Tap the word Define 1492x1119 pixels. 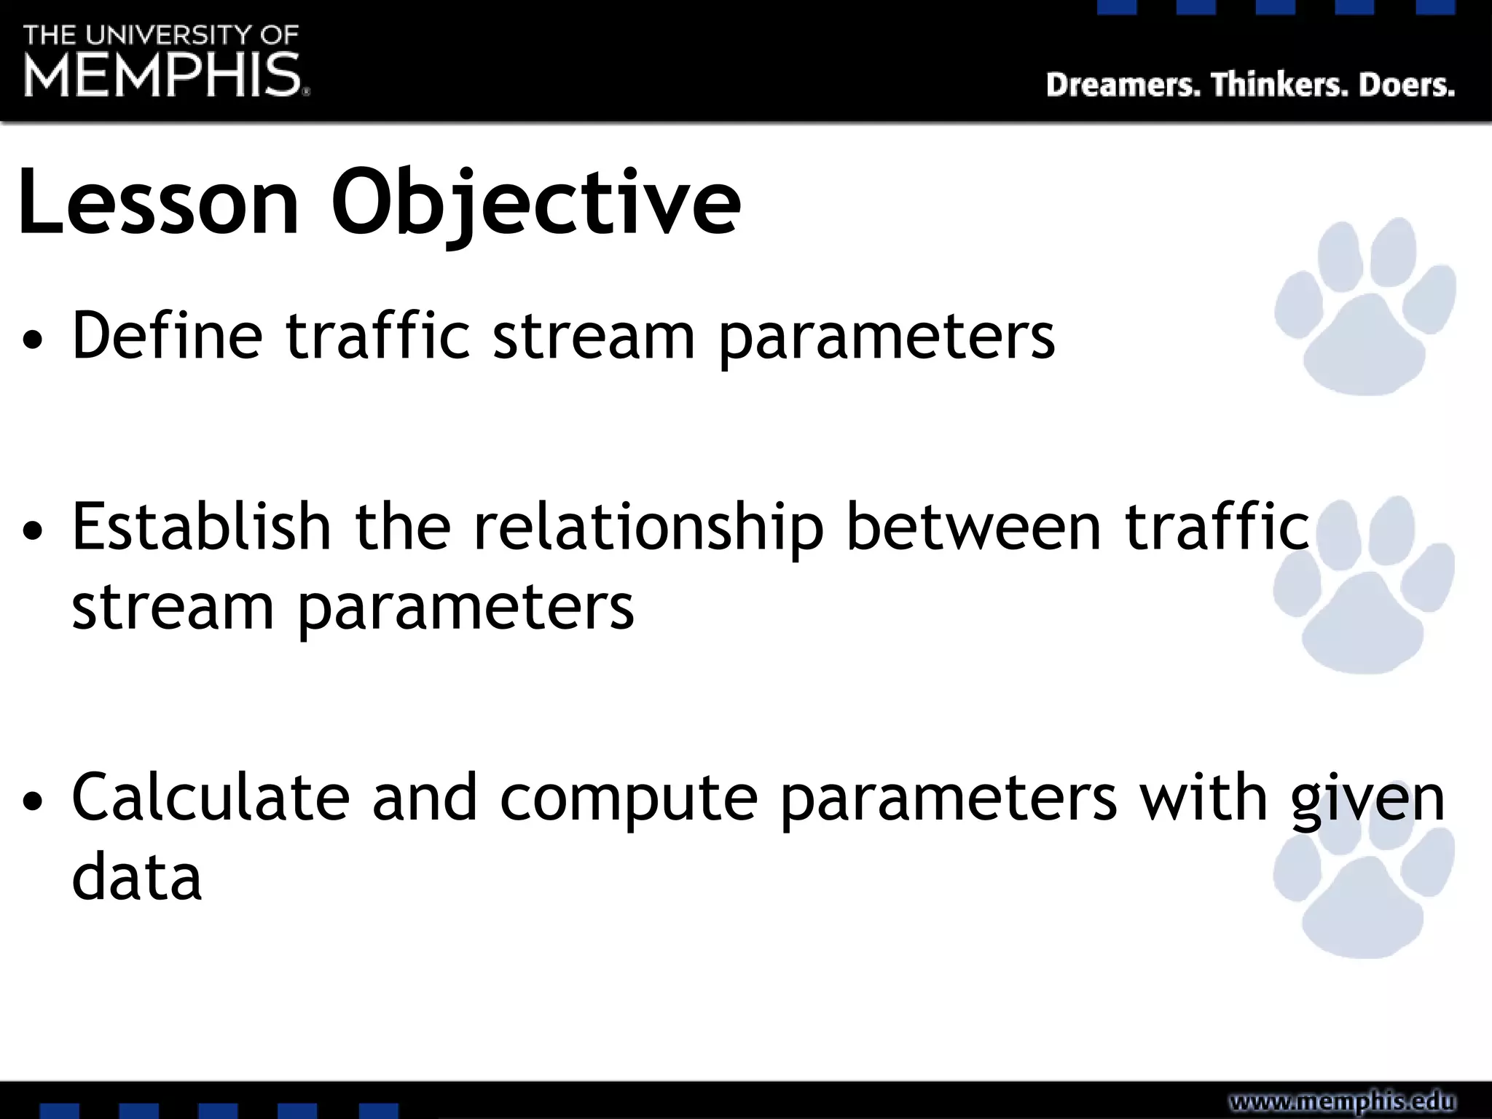pos(167,336)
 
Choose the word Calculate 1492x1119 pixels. pos(211,798)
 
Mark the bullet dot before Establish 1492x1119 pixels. pos(33,530)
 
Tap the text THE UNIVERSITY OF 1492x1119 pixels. pos(161,34)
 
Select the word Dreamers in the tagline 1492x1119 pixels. pos(1123,85)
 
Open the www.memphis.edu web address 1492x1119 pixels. pos(1342,1101)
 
